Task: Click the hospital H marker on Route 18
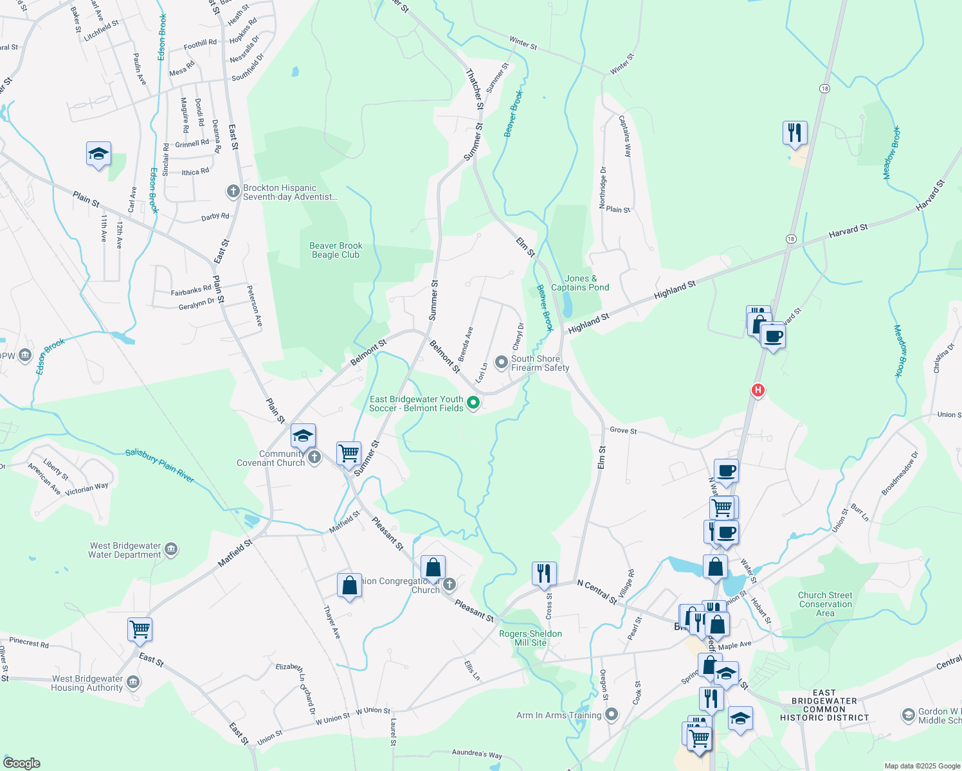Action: (758, 390)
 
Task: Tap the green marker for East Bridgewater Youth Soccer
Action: (473, 403)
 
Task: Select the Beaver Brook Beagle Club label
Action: (336, 250)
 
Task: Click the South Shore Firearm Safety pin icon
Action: (501, 362)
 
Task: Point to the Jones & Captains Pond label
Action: (580, 283)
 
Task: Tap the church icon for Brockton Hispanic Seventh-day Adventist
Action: (233, 191)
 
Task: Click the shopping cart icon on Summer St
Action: (349, 453)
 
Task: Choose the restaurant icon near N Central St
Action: (544, 572)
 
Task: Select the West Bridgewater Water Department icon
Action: (171, 549)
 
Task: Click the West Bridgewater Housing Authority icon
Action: (133, 682)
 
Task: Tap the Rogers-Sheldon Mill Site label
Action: (531, 638)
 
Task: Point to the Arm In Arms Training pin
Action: (612, 714)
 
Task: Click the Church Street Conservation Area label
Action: (825, 604)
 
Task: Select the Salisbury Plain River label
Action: (159, 465)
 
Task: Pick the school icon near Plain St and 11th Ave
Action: (98, 154)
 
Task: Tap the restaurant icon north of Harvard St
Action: (795, 132)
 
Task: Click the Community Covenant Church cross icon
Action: (314, 457)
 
